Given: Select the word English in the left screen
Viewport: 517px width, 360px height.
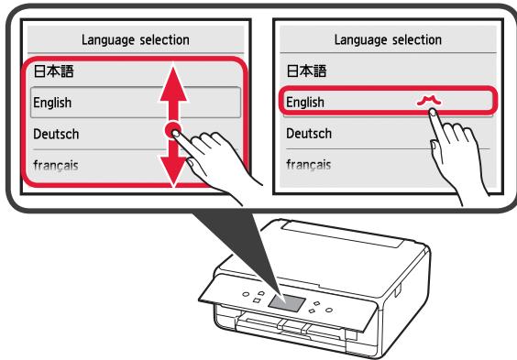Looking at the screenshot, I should pos(50,103).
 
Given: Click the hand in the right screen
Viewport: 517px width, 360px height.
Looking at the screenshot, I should pos(445,151).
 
